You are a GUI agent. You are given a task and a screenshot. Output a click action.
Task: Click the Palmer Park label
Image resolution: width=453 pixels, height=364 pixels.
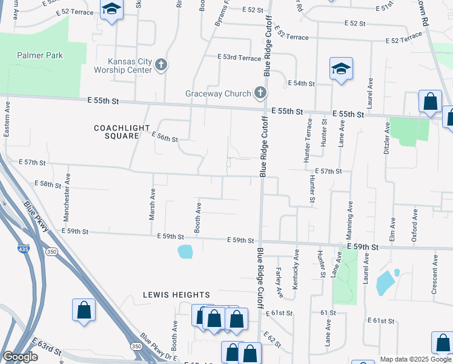[40, 55]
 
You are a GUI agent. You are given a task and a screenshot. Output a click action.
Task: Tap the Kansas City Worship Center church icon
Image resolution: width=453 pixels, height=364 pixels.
[161, 65]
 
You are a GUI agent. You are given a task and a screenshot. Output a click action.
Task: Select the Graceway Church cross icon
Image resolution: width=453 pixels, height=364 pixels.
[260, 93]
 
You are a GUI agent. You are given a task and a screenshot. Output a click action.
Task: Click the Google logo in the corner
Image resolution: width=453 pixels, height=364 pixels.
[20, 357]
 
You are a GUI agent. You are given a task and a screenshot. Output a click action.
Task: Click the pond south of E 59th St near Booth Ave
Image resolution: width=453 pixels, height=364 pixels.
[185, 251]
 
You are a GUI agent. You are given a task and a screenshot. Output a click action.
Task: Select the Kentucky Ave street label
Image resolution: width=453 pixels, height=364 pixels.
[296, 265]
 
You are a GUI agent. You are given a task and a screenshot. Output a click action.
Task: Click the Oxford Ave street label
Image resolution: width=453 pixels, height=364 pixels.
[415, 226]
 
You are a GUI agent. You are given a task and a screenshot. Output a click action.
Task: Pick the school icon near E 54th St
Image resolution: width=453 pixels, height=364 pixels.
[340, 69]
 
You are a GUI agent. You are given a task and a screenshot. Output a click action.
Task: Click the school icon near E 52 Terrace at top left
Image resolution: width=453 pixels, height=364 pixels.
[111, 10]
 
